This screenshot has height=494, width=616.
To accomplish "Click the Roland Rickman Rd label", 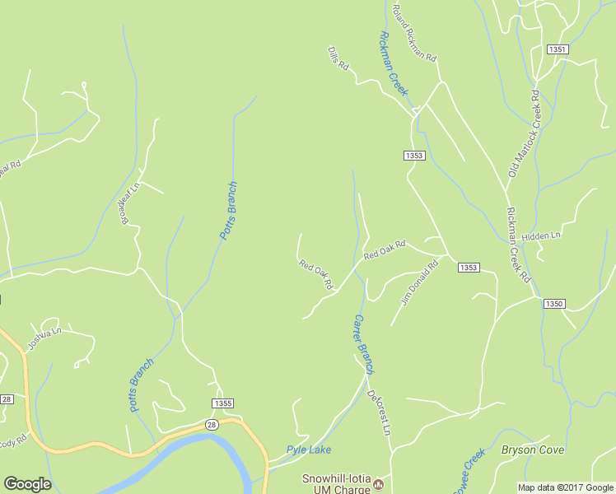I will (414, 34).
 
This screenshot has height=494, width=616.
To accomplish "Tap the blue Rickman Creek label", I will (394, 63).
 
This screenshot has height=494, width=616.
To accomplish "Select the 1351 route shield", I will (558, 49).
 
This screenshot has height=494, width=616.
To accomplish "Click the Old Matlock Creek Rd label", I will (523, 133).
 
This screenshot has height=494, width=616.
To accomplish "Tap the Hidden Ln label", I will (541, 235).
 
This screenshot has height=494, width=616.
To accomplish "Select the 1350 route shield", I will (553, 304).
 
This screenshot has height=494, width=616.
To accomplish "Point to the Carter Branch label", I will (363, 343).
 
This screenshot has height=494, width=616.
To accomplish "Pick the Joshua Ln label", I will (45, 339).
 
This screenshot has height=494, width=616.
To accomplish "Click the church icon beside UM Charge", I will (379, 482).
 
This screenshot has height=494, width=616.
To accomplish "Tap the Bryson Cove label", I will (533, 450).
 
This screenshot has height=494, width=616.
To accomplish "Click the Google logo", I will (27, 484).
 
